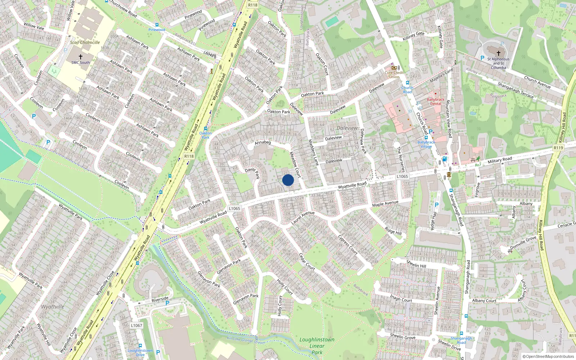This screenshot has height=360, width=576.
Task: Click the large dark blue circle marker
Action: click(x=288, y=180)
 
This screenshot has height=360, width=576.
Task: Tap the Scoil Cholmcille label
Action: click(x=85, y=42)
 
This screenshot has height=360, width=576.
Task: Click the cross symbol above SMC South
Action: click(x=81, y=57)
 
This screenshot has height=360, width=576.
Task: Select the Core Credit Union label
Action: click(x=394, y=75)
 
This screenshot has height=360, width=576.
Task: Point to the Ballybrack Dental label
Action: click(x=436, y=102)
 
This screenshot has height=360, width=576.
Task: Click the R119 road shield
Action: click(x=558, y=148)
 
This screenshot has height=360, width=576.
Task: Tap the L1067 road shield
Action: click(x=136, y=325)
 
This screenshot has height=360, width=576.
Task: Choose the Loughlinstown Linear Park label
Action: click(x=317, y=346)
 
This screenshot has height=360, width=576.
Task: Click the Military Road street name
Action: click(x=500, y=159)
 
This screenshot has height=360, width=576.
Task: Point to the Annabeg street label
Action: click(x=262, y=143)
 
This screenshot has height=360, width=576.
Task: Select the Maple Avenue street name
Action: click(x=385, y=204)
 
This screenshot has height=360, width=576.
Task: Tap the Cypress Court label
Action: click(x=348, y=245)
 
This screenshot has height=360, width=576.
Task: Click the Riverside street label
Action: click(x=160, y=299)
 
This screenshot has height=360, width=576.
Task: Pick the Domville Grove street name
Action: click(x=523, y=243)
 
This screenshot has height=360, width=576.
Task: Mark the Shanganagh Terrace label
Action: click(x=516, y=90)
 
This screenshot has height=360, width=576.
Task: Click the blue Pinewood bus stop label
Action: click(x=157, y=30)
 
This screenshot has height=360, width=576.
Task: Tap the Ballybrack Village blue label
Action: click(x=426, y=144)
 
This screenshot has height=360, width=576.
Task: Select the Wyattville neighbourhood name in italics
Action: click(x=53, y=307)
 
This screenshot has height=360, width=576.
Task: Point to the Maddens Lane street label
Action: click(x=314, y=152)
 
